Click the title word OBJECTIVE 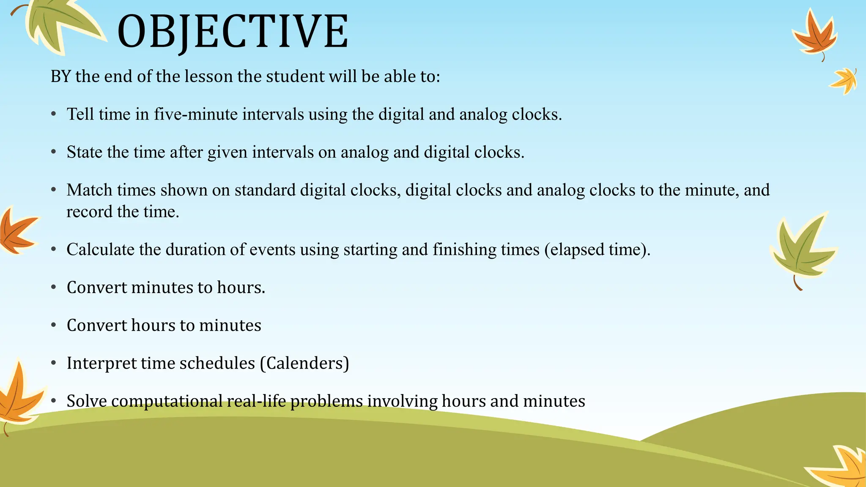[233, 32]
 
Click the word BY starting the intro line [60, 77]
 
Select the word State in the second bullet [85, 152]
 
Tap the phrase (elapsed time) [597, 249]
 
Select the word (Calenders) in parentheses [304, 363]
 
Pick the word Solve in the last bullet [87, 401]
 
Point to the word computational [167, 401]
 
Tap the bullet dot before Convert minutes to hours [54, 287]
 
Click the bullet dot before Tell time [54, 114]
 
